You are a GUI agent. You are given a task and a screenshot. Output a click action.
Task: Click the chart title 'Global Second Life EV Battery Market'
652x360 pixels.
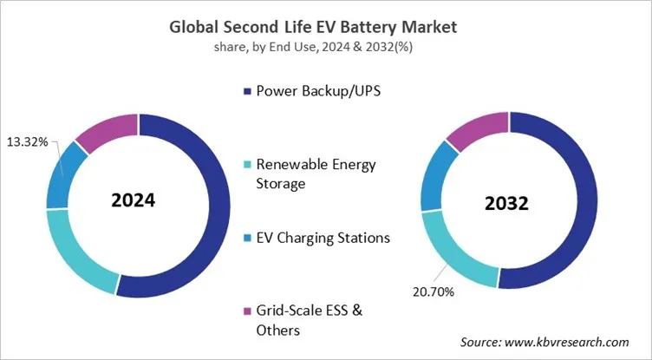325,27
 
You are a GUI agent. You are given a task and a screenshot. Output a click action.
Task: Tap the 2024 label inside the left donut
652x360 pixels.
133,200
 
